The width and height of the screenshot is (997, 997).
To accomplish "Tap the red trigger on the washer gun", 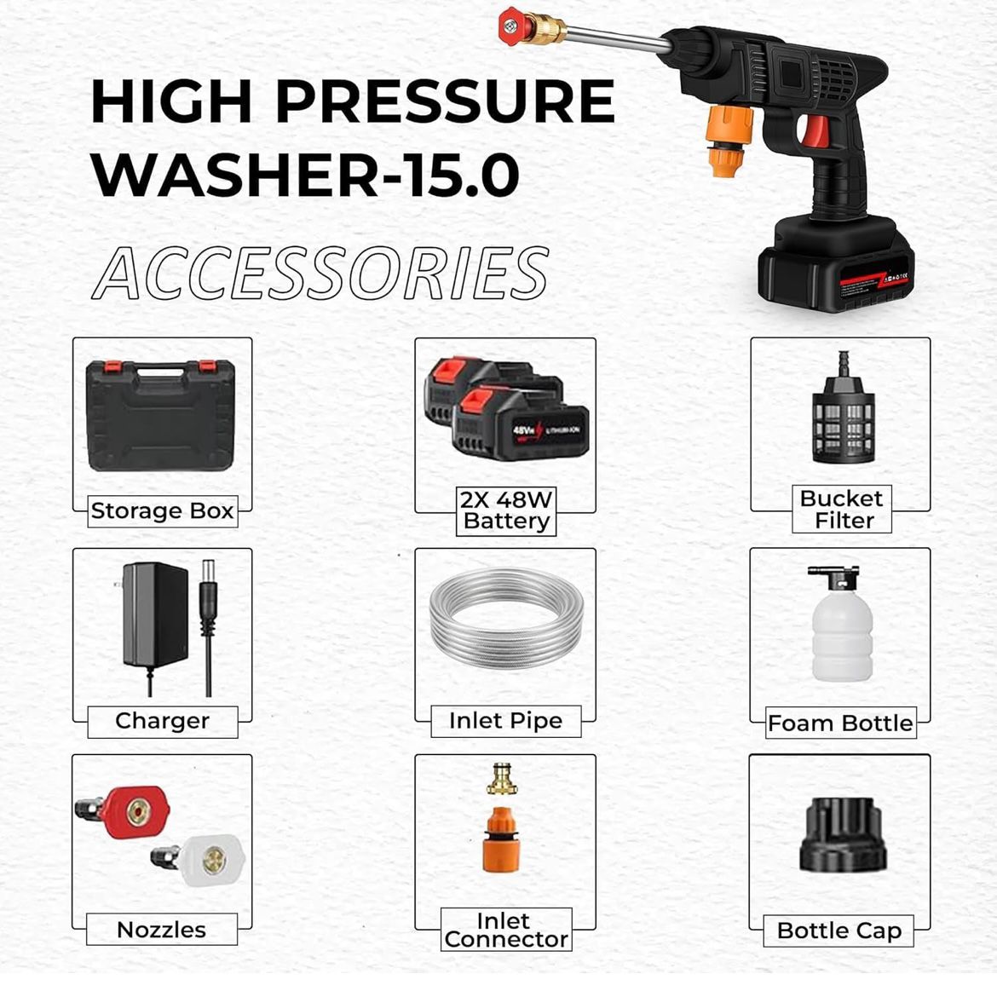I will (x=815, y=131).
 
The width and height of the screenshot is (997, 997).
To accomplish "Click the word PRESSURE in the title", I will (x=444, y=102).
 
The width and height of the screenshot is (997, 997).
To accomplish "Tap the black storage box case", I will (x=161, y=415).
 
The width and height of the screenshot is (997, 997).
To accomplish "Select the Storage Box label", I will (x=162, y=511).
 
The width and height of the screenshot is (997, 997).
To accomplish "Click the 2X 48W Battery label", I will (x=506, y=510).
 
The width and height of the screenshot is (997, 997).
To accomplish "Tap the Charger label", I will (x=162, y=721).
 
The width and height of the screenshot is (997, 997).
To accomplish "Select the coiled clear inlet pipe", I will (x=505, y=620).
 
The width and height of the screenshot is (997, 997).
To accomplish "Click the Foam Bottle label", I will (x=839, y=723).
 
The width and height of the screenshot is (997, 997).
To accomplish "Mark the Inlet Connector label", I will (x=505, y=931).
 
